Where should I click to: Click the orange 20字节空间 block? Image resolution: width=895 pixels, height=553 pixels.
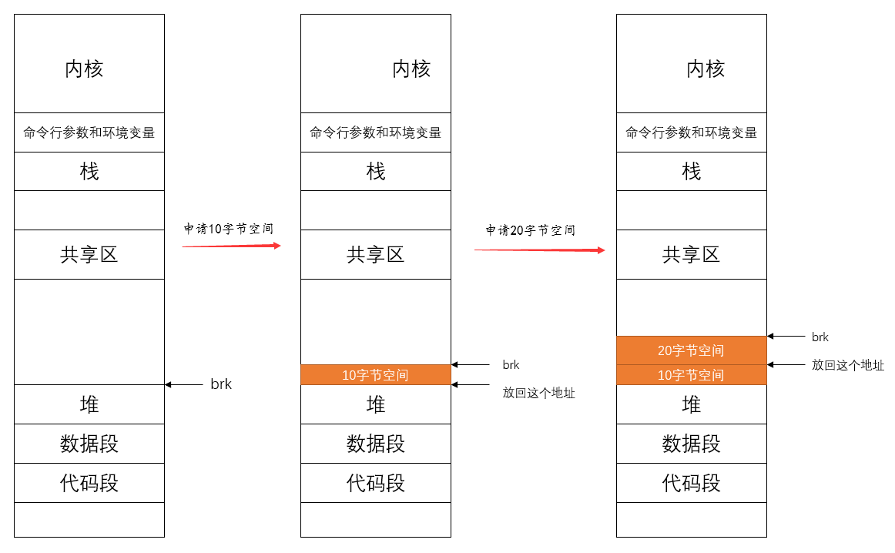[691, 350]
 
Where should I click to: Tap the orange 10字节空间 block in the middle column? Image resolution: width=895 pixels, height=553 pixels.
[375, 375]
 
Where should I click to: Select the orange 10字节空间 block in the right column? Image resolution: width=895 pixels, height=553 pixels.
[691, 375]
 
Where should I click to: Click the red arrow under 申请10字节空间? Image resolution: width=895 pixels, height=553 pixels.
[231, 246]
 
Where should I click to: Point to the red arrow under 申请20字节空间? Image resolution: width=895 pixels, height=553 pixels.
[538, 250]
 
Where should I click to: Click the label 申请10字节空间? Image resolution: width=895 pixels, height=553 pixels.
[228, 229]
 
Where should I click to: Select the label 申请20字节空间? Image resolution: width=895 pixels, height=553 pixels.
[530, 230]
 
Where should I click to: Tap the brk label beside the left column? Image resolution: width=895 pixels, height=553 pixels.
[221, 384]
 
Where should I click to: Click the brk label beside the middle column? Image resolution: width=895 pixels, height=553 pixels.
[511, 365]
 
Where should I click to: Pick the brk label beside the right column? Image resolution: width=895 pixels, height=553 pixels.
[820, 337]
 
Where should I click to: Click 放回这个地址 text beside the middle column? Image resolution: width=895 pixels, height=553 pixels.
[538, 393]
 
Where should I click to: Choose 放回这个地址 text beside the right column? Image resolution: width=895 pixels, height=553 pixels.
[847, 365]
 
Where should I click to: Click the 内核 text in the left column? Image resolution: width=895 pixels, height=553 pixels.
[84, 69]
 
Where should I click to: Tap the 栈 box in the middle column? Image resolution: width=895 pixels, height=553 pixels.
[375, 171]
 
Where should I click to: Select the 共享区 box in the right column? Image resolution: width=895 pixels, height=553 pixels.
[691, 254]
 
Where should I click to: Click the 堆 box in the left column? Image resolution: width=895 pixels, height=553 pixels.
[89, 404]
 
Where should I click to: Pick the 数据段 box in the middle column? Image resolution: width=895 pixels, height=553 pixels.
[375, 444]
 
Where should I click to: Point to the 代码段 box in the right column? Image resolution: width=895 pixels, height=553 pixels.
[691, 483]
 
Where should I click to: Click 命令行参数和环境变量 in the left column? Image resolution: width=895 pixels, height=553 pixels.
[89, 132]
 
